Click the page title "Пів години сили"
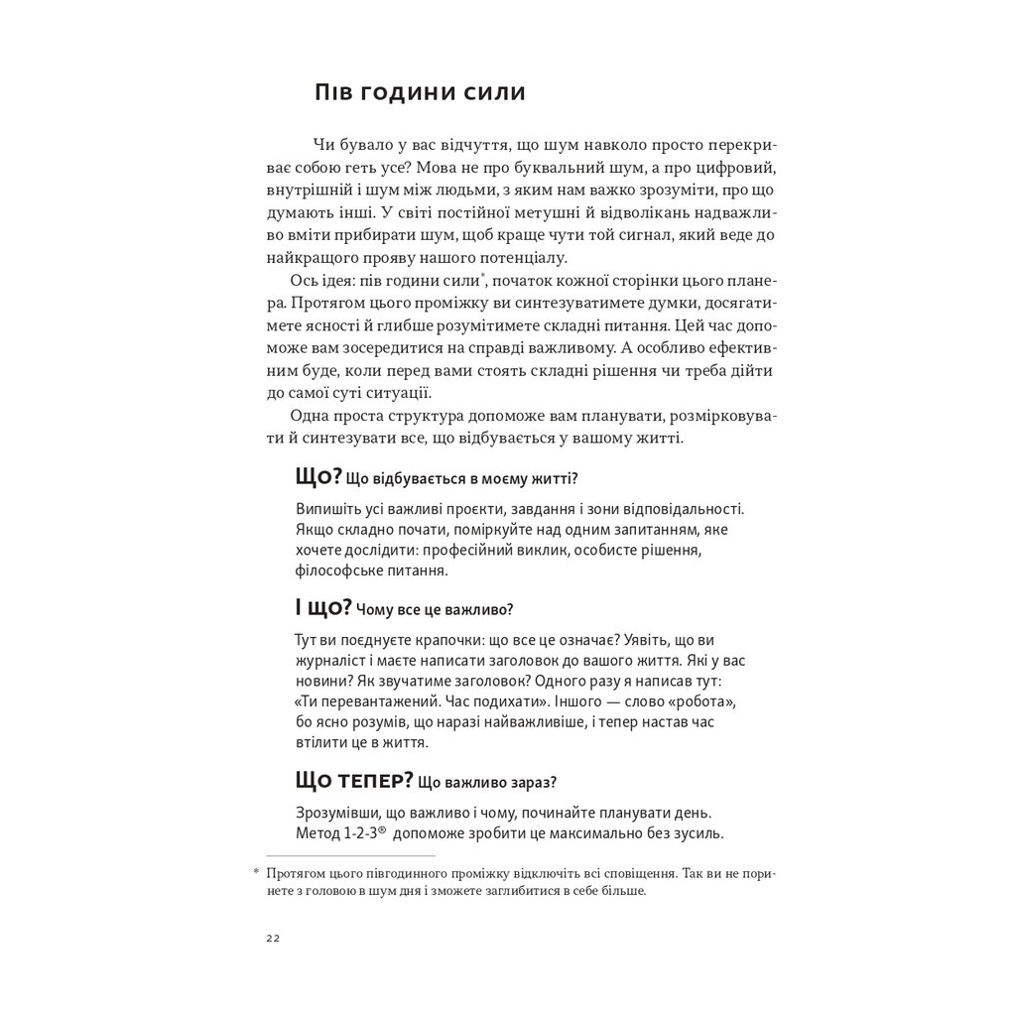420,93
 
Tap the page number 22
273,939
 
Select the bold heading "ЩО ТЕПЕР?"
354,781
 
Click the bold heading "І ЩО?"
323,607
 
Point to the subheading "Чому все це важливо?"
434,610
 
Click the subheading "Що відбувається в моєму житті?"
461,478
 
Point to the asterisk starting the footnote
255,872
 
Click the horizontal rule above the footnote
351,855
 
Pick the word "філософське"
334,571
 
